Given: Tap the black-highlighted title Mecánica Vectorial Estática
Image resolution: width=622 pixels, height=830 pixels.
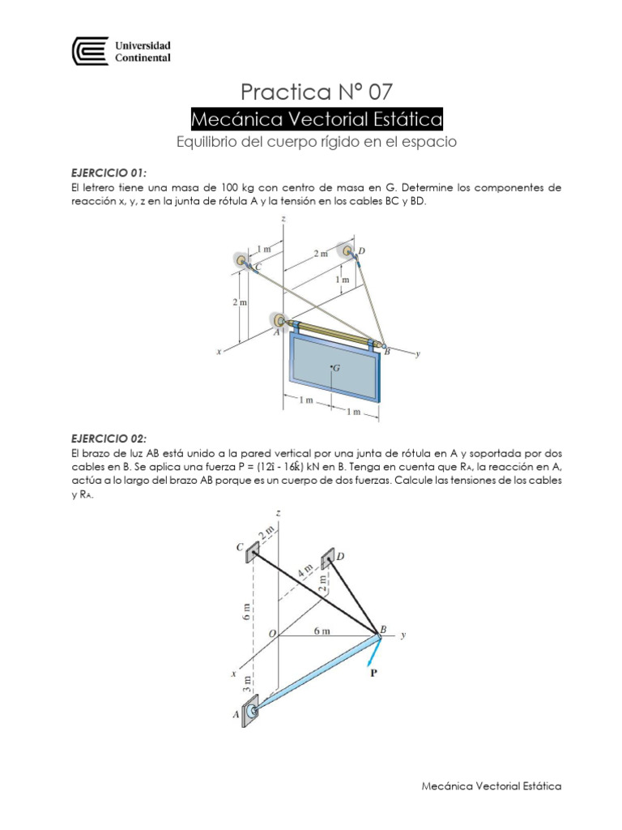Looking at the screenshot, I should pyautogui.click(x=317, y=120).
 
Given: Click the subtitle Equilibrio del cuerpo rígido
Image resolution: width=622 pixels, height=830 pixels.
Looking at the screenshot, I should pyautogui.click(x=317, y=143).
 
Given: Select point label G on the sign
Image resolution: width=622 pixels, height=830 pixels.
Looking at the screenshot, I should pyautogui.click(x=336, y=367).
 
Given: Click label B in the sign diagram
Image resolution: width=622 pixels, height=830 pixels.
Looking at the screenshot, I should pyautogui.click(x=387, y=351).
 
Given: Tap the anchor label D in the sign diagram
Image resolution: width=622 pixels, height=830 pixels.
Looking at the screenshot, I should pyautogui.click(x=361, y=251).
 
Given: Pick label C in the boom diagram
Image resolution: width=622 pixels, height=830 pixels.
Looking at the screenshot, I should pyautogui.click(x=240, y=547).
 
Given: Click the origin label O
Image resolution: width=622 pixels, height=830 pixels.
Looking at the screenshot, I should pyautogui.click(x=272, y=632).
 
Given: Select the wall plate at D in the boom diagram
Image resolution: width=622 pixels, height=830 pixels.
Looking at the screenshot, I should pyautogui.click(x=328, y=558).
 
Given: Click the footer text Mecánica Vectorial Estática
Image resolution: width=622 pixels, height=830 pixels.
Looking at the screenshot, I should pyautogui.click(x=492, y=785).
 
